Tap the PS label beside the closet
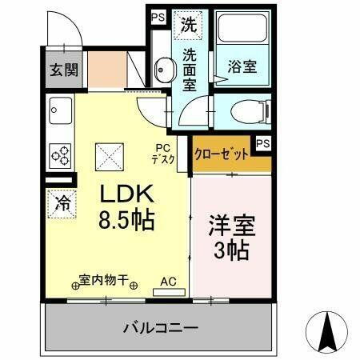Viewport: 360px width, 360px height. [262, 144]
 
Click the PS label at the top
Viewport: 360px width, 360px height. [158, 16]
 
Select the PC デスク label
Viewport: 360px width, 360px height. [163, 154]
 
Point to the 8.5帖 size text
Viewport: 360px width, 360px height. [126, 218]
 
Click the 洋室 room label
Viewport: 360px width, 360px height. [229, 225]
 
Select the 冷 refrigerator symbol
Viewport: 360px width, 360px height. [61, 203]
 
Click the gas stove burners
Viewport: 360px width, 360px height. [60, 152]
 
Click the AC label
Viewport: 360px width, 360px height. [168, 281]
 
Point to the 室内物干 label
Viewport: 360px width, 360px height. [104, 281]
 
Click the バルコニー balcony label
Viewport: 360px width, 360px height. [160, 327]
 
